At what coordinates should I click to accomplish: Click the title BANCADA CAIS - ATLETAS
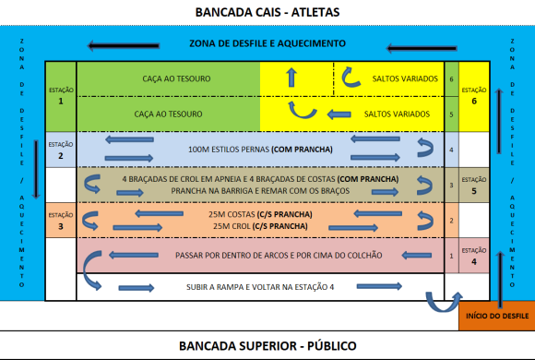click(267, 12)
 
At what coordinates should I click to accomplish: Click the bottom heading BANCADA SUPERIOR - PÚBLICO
click(267, 346)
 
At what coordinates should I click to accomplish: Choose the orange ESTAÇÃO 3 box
click(60, 220)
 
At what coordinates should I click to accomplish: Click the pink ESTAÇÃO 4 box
click(474, 254)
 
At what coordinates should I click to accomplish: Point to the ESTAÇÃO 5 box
click(474, 186)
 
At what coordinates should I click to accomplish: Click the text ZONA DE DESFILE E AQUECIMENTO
click(267, 43)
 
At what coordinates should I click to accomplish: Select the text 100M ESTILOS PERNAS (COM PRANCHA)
click(257, 150)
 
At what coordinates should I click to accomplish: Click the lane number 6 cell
click(451, 79)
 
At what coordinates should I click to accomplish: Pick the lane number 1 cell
click(451, 255)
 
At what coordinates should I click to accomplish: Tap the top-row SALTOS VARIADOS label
click(402, 79)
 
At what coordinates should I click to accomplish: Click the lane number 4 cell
click(451, 150)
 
